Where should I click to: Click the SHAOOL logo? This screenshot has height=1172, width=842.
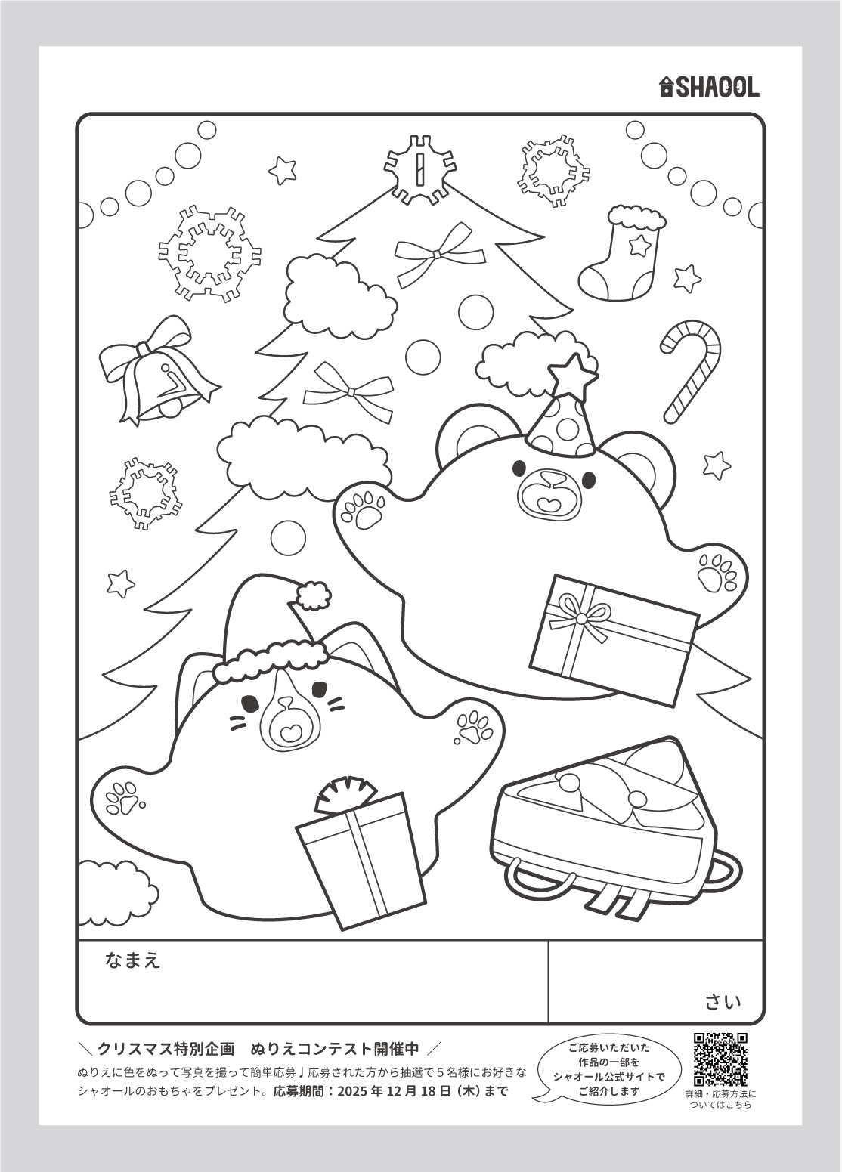click(708, 87)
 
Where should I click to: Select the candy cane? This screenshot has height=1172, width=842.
click(689, 372)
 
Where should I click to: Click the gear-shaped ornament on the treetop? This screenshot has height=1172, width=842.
click(419, 170)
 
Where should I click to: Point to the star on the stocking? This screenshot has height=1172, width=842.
click(639, 244)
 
